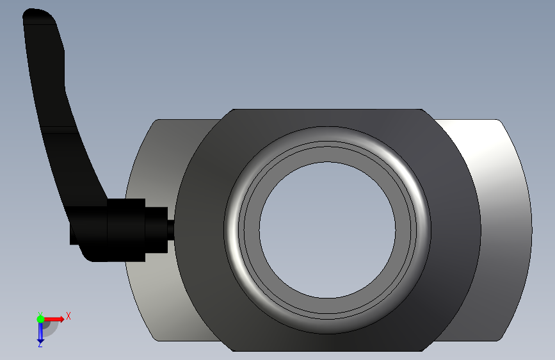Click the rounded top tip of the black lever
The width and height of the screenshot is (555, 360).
tap(39, 14)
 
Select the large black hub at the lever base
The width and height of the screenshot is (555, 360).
tap(126, 230)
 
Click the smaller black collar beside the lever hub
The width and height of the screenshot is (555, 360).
tap(156, 230)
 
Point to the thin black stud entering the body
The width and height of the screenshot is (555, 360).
tap(171, 230)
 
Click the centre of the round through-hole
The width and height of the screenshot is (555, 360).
tap(327, 230)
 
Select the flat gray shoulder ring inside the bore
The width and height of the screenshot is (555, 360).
tap(327, 154)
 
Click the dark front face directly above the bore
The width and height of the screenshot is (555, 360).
tap(327, 118)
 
